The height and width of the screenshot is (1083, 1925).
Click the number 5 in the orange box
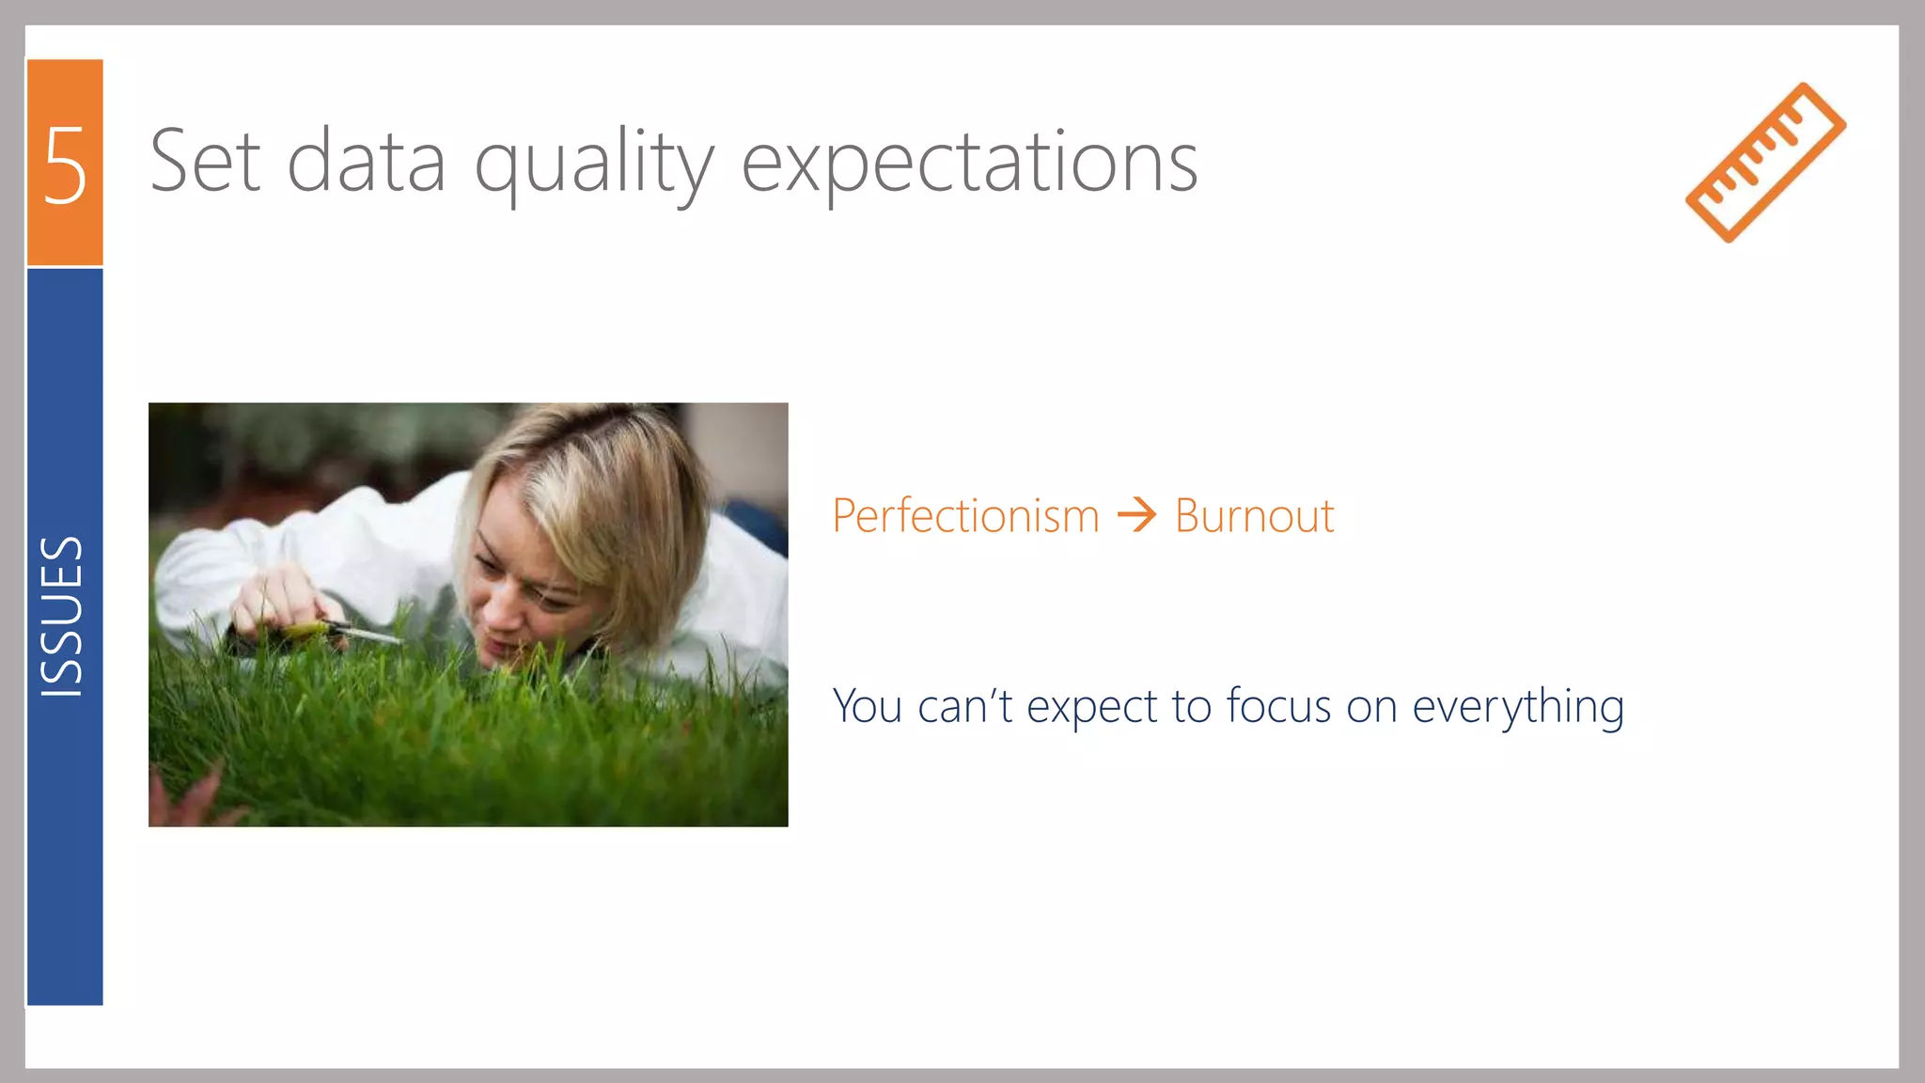(x=65, y=165)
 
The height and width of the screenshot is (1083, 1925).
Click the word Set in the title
(x=205, y=162)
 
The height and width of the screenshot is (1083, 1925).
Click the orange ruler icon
(x=1765, y=163)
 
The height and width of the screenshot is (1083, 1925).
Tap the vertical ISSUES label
(x=63, y=617)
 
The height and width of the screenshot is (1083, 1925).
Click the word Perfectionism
(x=965, y=516)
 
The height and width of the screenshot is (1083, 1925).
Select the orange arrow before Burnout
(x=1136, y=515)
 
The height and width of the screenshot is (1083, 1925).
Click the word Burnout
(x=1254, y=516)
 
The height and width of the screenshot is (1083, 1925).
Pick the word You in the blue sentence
(x=867, y=706)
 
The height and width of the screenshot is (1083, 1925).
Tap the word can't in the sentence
(x=964, y=706)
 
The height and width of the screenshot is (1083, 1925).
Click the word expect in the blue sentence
(x=1091, y=708)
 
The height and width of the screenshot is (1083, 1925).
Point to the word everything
(x=1517, y=708)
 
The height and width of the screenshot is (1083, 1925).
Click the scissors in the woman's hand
(x=352, y=634)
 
